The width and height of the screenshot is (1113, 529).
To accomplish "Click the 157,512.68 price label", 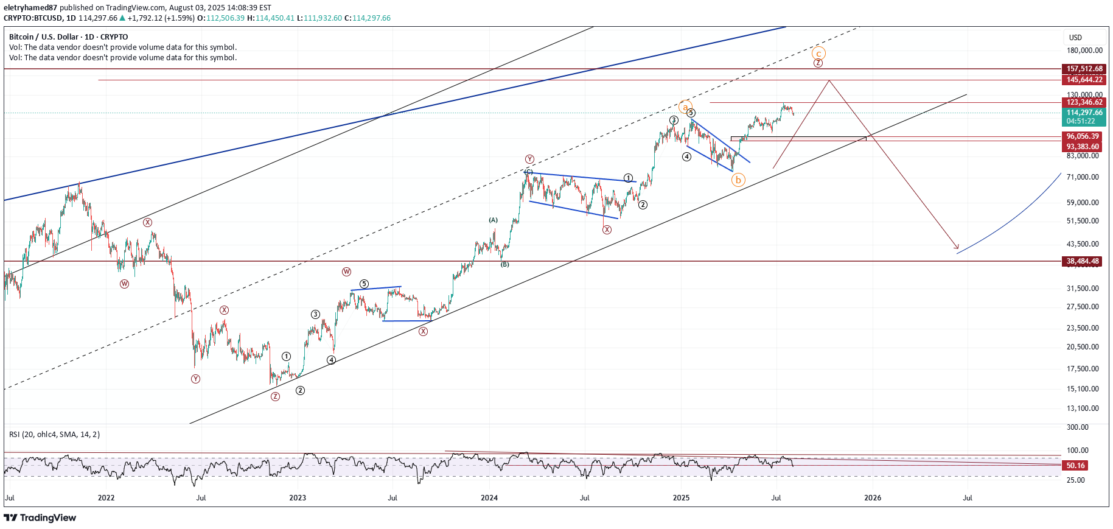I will tap(1084, 69).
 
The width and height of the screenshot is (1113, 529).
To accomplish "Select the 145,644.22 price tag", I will tap(1084, 80).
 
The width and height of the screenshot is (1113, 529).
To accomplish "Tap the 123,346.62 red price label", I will tap(1084, 102).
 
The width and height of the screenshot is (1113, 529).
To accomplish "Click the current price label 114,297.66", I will tap(1084, 113).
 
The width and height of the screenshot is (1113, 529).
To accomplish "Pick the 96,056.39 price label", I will tap(1083, 136).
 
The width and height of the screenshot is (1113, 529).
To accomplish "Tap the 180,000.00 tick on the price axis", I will tap(1084, 51).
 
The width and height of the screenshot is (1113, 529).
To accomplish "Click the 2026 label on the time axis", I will tap(872, 498).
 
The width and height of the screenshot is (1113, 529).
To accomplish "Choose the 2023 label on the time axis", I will tap(298, 498).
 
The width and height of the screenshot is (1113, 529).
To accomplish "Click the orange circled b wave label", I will tap(738, 180).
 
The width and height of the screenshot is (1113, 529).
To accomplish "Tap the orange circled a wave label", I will tap(685, 107).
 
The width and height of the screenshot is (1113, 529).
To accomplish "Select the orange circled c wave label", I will tap(819, 53).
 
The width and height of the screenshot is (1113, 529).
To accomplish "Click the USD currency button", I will tap(1076, 38).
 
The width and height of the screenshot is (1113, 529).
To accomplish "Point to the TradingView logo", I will tap(40, 518).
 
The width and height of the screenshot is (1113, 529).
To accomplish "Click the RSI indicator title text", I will tap(54, 435).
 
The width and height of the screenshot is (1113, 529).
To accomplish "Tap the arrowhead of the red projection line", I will tap(958, 248).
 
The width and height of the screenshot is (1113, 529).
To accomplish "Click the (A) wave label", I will tap(493, 220).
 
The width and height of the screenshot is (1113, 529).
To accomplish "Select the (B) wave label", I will tap(504, 264).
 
